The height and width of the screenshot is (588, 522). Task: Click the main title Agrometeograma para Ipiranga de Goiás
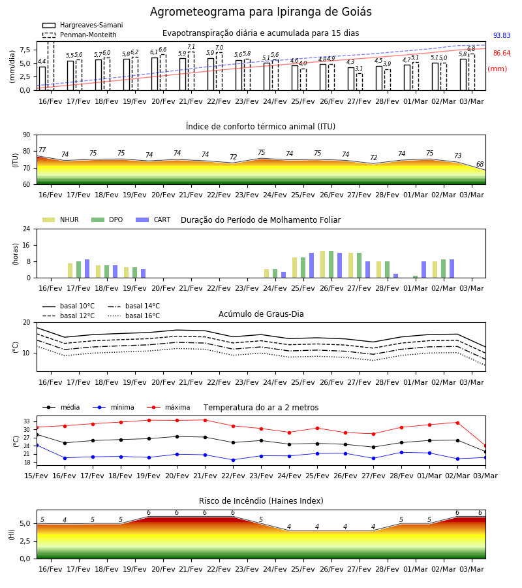tap(260, 12)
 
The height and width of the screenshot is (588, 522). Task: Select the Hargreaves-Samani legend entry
tap(82, 25)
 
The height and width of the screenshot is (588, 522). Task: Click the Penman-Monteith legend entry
tap(80, 35)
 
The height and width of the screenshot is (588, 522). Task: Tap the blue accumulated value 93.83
tap(502, 36)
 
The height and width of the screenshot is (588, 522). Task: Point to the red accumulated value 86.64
tap(502, 54)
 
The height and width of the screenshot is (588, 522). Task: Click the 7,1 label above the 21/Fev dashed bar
tap(191, 47)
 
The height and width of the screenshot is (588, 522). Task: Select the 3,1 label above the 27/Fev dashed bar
tap(359, 68)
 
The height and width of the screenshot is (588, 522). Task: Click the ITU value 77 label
tap(42, 150)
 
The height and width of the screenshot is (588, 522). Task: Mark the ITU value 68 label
tap(480, 164)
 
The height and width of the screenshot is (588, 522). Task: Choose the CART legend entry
tap(153, 220)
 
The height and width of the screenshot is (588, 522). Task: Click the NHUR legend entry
tap(61, 220)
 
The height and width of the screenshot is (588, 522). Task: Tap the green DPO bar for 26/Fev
tap(331, 265)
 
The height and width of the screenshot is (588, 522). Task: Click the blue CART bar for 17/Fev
tap(87, 269)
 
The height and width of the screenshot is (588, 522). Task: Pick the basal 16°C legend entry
tap(134, 316)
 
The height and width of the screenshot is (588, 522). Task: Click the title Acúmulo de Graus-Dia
tap(261, 314)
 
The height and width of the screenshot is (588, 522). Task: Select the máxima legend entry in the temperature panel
tap(168, 407)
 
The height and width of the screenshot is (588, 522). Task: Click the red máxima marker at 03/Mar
tap(485, 446)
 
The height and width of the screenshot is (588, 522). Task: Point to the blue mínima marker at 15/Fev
tap(37, 445)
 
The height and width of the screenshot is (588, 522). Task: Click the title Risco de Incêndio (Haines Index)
tap(261, 501)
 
